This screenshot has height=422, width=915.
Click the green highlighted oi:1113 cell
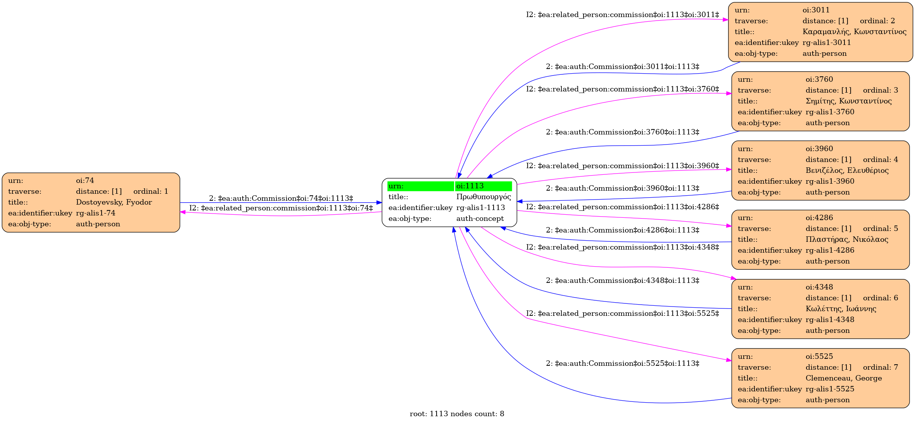(483, 186)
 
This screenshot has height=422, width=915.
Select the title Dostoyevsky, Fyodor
(114, 202)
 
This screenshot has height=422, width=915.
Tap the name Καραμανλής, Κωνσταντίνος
(855, 32)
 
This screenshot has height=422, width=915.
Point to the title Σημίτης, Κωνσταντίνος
(849, 101)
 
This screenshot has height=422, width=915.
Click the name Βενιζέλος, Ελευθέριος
(847, 171)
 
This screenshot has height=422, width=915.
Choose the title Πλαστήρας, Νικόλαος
(847, 239)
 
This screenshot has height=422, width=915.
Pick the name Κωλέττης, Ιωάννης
(841, 309)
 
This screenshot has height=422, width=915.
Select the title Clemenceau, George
(844, 378)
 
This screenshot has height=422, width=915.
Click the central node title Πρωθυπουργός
(483, 197)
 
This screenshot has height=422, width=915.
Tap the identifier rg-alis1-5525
(830, 389)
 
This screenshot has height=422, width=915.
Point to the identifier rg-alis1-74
(96, 213)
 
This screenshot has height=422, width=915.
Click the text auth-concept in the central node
(480, 219)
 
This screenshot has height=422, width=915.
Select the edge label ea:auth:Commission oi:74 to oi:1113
(281, 198)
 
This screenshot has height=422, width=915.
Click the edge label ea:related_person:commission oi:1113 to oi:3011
(623, 15)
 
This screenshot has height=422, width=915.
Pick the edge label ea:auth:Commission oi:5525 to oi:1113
(623, 363)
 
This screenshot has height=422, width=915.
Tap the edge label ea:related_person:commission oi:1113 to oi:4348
(623, 247)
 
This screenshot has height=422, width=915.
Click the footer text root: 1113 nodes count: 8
(457, 414)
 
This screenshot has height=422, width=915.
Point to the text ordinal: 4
(880, 160)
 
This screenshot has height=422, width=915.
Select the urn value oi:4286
(819, 218)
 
